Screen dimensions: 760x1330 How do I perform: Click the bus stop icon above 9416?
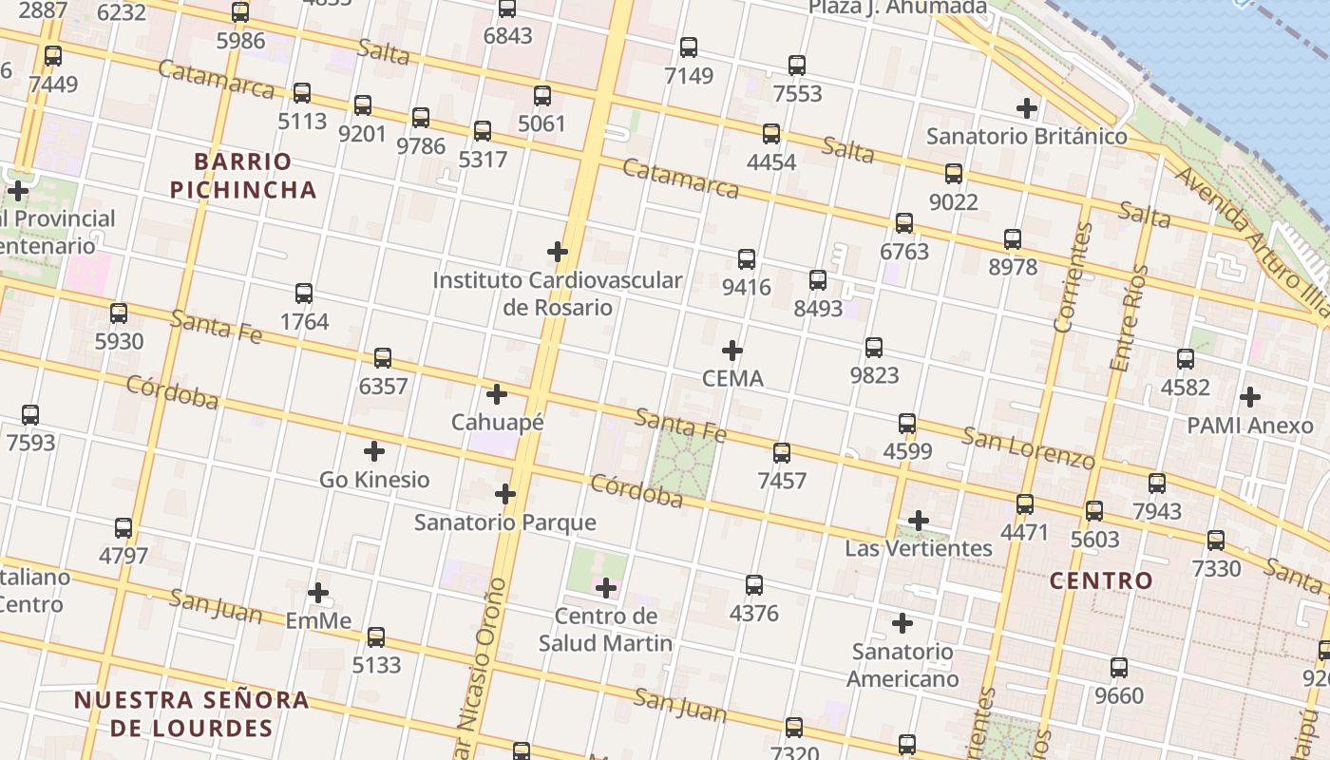pyautogui.click(x=747, y=258)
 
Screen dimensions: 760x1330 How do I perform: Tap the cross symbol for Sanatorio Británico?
pyautogui.click(x=1026, y=108)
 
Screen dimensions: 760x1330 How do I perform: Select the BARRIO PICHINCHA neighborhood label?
pyautogui.click(x=243, y=175)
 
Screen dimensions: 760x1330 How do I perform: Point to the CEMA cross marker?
pyautogui.click(x=731, y=351)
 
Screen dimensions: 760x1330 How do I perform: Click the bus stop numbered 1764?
pyautogui.click(x=304, y=294)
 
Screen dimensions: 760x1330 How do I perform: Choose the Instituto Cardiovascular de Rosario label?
pyautogui.click(x=557, y=294)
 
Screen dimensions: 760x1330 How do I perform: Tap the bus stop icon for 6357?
pyautogui.click(x=383, y=358)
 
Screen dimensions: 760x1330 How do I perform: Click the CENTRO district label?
pyautogui.click(x=1101, y=580)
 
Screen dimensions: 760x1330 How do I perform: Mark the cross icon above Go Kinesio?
pyautogui.click(x=374, y=451)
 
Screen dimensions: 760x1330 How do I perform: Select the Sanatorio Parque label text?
pyautogui.click(x=505, y=522)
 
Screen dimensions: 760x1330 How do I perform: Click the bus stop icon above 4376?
pyautogui.click(x=754, y=585)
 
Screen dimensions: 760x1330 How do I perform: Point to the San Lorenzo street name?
pyautogui.click(x=1028, y=447)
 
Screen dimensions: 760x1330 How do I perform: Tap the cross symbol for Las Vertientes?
pyautogui.click(x=918, y=521)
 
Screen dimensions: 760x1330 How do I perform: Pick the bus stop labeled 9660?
pyautogui.click(x=1119, y=668)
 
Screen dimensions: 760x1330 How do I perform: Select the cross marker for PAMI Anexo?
pyautogui.click(x=1250, y=397)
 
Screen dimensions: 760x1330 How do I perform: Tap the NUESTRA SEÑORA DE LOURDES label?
pyautogui.click(x=192, y=714)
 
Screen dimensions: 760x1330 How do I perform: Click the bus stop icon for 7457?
pyautogui.click(x=782, y=453)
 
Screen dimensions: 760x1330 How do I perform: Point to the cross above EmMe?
pyautogui.click(x=318, y=593)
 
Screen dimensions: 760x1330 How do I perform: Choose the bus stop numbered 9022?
pyautogui.click(x=954, y=174)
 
